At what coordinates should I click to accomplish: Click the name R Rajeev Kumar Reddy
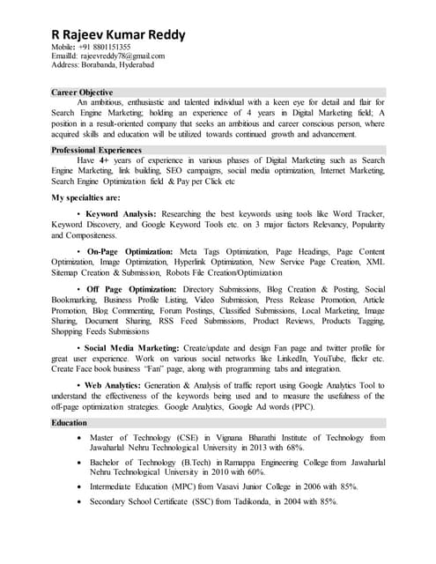pyautogui.click(x=118, y=34)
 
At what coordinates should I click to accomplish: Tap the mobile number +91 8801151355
pyautogui.click(x=107, y=47)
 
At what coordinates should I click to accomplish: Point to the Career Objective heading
pyautogui.click(x=82, y=92)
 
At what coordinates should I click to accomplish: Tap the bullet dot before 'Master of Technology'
pyautogui.click(x=81, y=438)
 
